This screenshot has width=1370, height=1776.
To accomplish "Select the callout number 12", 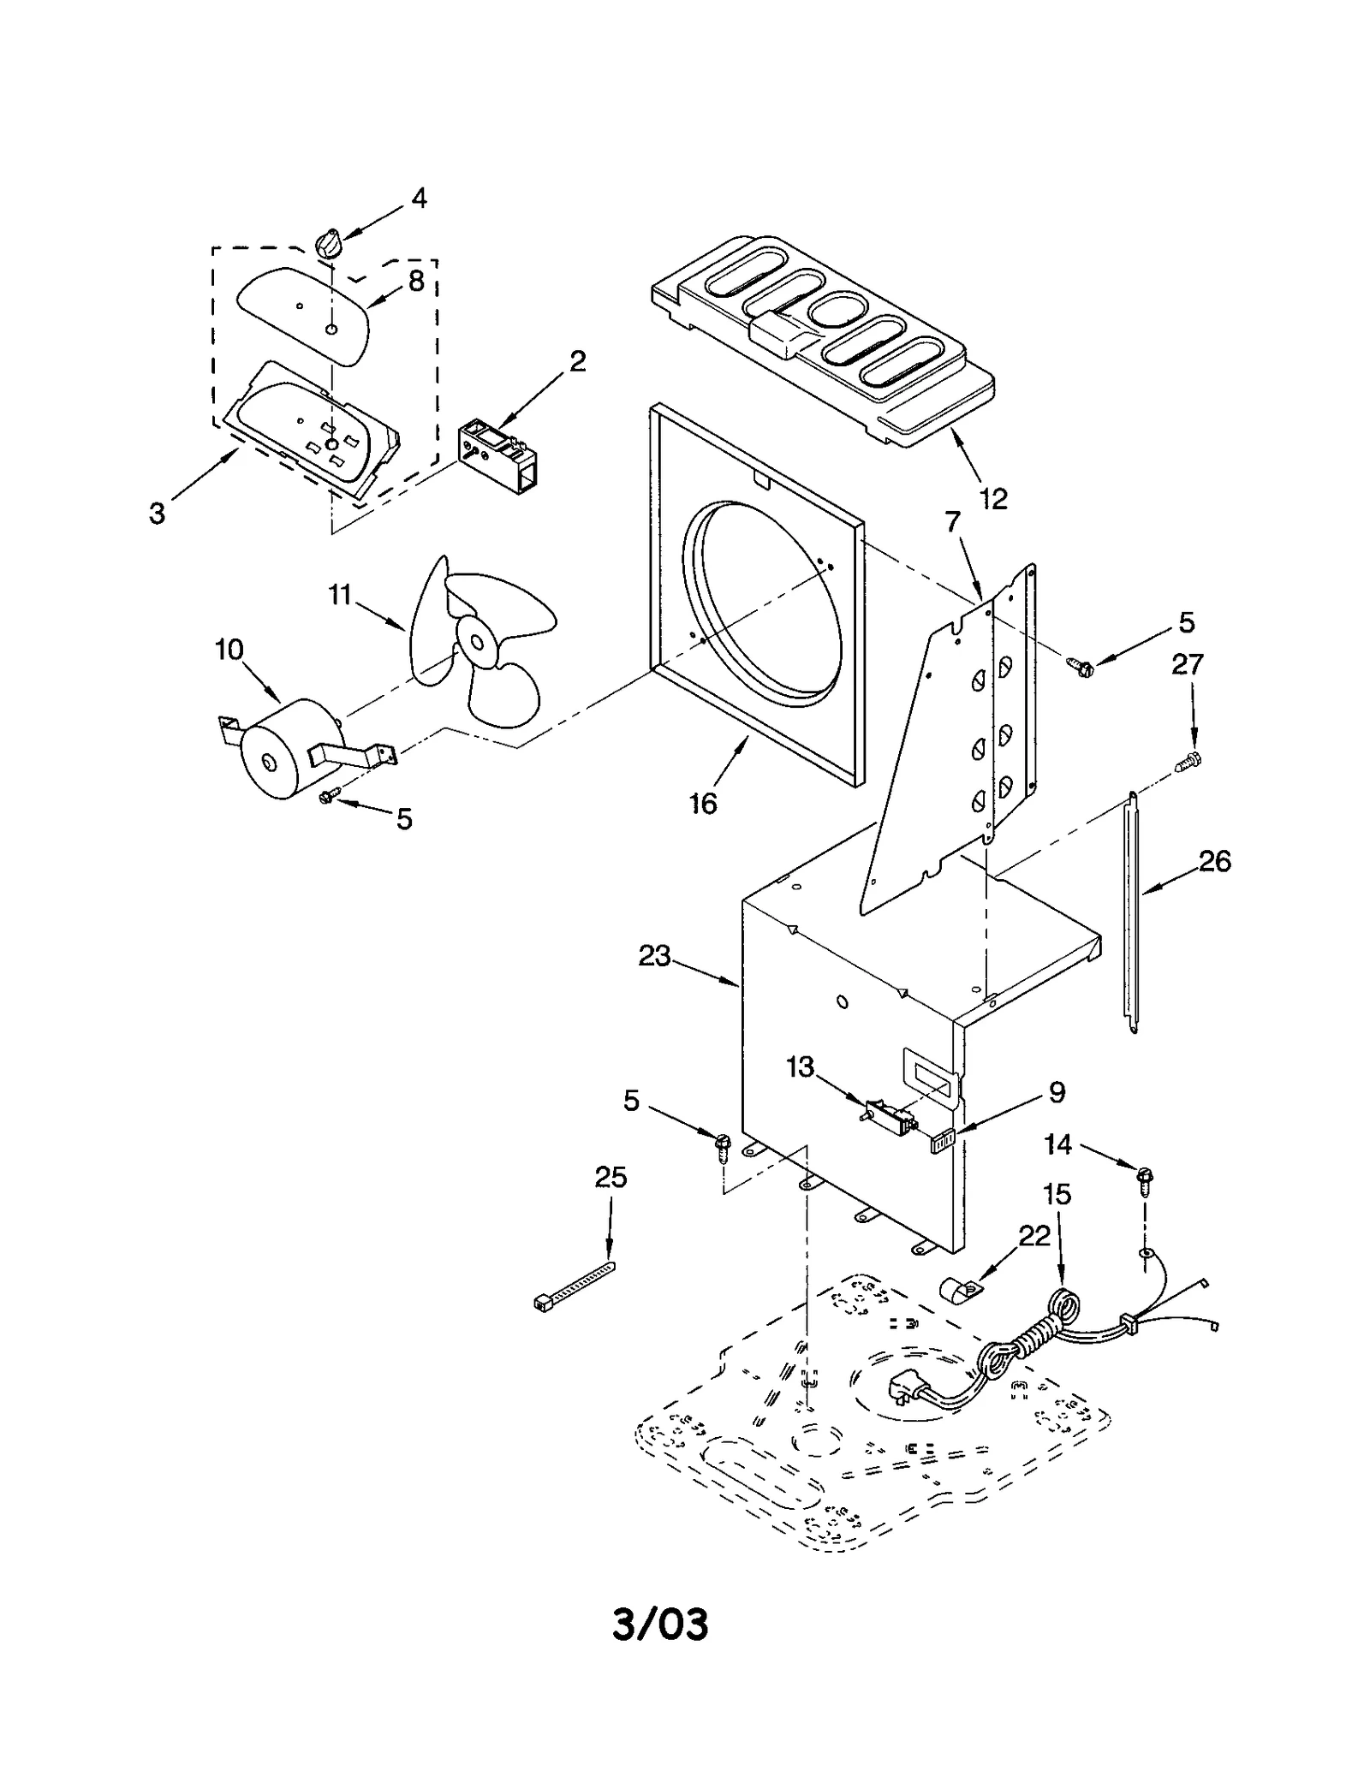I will click(x=993, y=498).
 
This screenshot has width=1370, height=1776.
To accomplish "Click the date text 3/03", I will click(x=660, y=1625).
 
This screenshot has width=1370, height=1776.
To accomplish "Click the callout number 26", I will click(x=1214, y=860).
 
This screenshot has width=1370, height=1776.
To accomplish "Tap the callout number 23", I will click(x=654, y=955).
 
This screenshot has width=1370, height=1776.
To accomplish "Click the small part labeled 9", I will click(x=942, y=1141).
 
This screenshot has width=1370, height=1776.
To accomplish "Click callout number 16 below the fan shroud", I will click(x=703, y=803).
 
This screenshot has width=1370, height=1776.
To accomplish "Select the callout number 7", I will click(x=953, y=520).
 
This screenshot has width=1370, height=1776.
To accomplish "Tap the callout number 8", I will click(x=416, y=281).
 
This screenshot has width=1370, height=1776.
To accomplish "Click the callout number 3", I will click(x=157, y=514).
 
